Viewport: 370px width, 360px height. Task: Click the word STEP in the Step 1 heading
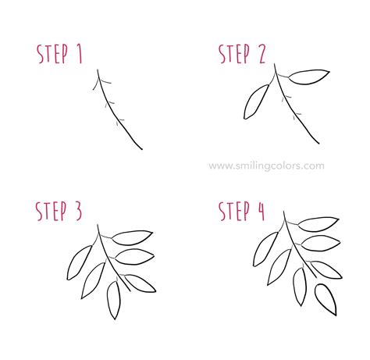(x=53, y=53)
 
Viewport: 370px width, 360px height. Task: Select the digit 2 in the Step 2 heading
(x=258, y=53)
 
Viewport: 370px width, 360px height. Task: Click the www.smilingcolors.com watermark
(x=266, y=165)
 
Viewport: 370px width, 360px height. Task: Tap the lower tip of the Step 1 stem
(x=141, y=148)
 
